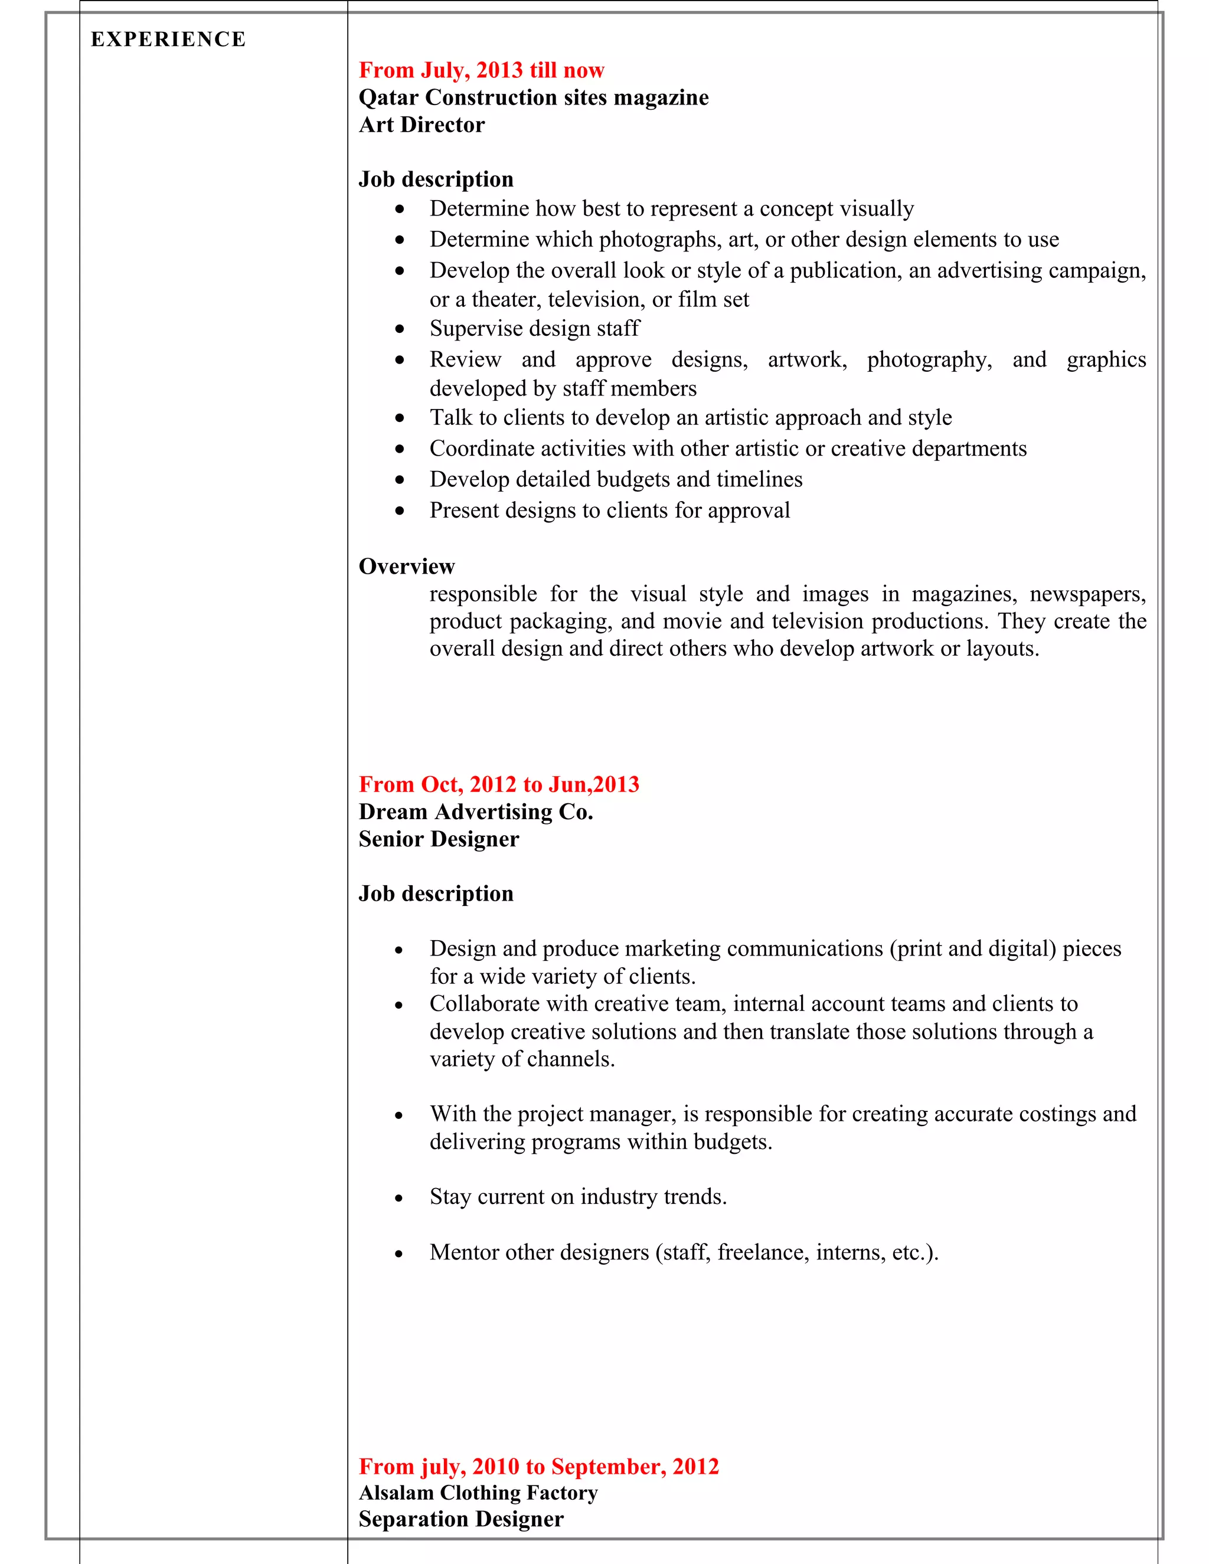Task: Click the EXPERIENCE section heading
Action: [x=168, y=40]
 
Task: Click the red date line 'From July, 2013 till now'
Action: [x=481, y=70]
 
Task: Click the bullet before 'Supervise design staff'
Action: [x=400, y=329]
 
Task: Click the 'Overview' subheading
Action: [x=406, y=567]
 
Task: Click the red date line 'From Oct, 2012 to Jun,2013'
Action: [x=498, y=784]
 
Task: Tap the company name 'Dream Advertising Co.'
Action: [x=476, y=812]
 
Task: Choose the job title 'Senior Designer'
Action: [x=439, y=839]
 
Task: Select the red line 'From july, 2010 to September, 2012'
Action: [x=538, y=1466]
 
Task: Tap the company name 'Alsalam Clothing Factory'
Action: [x=478, y=1493]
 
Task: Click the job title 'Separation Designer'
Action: [x=460, y=1519]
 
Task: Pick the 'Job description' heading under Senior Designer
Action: [x=436, y=894]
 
